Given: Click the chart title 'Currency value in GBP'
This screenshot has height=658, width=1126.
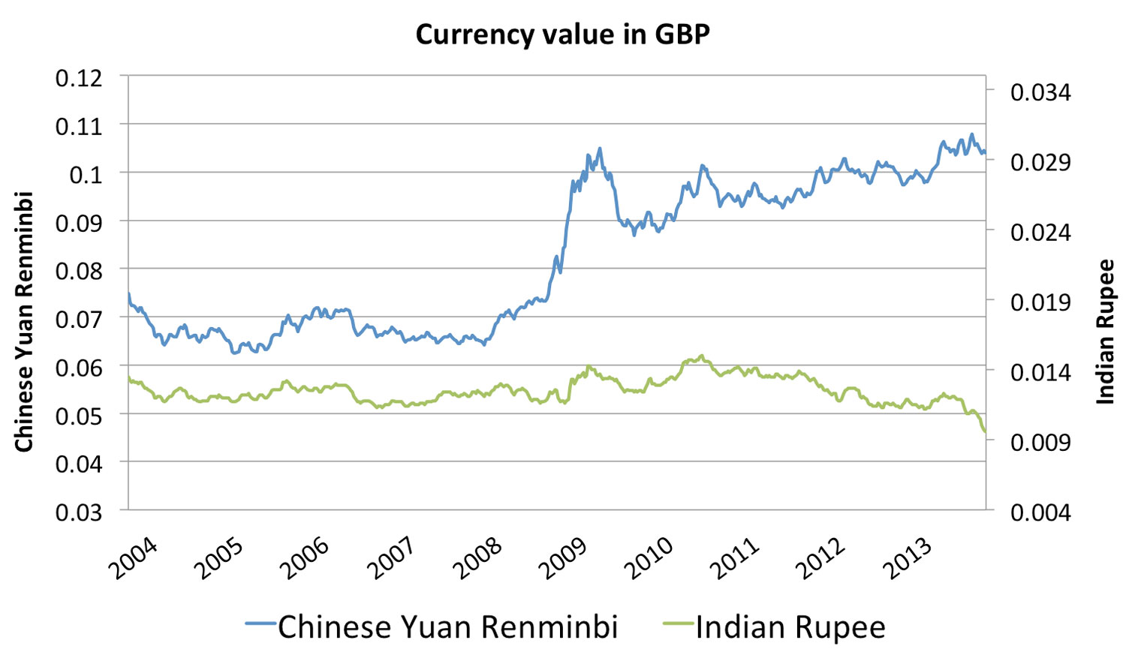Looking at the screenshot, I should (x=562, y=35).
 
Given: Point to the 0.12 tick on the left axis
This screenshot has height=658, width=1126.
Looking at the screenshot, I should (x=78, y=77).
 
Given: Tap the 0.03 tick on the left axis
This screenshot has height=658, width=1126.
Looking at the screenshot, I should (x=78, y=512).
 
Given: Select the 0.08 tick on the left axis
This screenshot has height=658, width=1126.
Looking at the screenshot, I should (x=78, y=270).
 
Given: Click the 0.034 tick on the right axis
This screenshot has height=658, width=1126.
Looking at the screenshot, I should (x=1040, y=93).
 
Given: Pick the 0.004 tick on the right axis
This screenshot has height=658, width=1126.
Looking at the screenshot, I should (x=1040, y=512).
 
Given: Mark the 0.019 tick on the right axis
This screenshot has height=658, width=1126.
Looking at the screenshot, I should (x=1040, y=302).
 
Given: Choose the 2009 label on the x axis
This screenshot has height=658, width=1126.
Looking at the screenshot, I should (x=564, y=558).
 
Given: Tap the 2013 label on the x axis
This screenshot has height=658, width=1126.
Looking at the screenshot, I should (x=908, y=558).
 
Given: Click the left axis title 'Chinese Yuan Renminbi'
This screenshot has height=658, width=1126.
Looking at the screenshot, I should (x=25, y=322).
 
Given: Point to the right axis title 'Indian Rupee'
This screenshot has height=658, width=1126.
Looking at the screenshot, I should (x=1105, y=332).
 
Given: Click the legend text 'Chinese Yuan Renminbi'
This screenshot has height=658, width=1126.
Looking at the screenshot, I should (x=447, y=627).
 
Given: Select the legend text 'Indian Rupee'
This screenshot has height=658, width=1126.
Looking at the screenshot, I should (x=790, y=627).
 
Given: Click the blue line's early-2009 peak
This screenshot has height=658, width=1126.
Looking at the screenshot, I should (x=599, y=149).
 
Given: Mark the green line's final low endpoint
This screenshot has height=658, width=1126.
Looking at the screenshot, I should (x=984, y=431).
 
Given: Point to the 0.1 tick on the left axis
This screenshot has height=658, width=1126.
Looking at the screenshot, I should (x=85, y=174).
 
